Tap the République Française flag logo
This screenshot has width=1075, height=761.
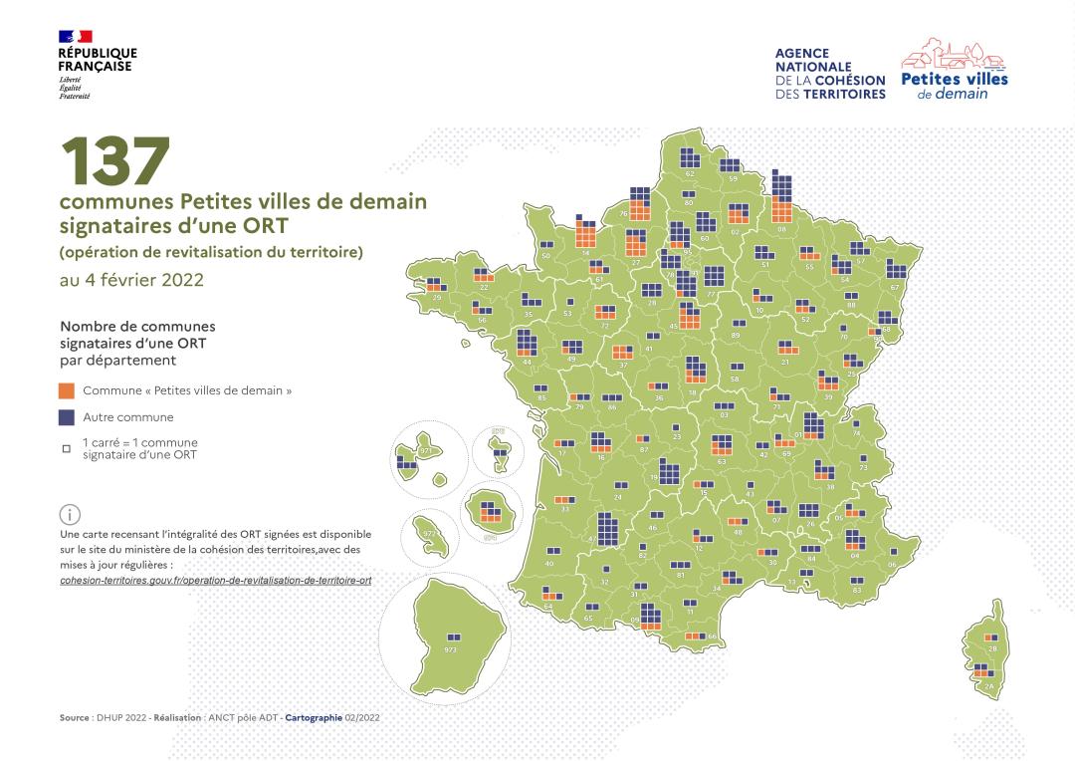[x=76, y=37]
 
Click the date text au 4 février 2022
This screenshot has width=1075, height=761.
[x=131, y=280]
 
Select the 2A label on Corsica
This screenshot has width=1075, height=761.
[x=988, y=687]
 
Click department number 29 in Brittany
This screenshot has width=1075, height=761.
[x=437, y=297]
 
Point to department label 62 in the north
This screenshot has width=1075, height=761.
[x=689, y=173]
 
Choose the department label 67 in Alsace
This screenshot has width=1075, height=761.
[x=895, y=287]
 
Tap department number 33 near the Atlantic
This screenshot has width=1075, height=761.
[x=565, y=509]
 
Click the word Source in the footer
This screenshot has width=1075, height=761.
[x=74, y=717]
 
